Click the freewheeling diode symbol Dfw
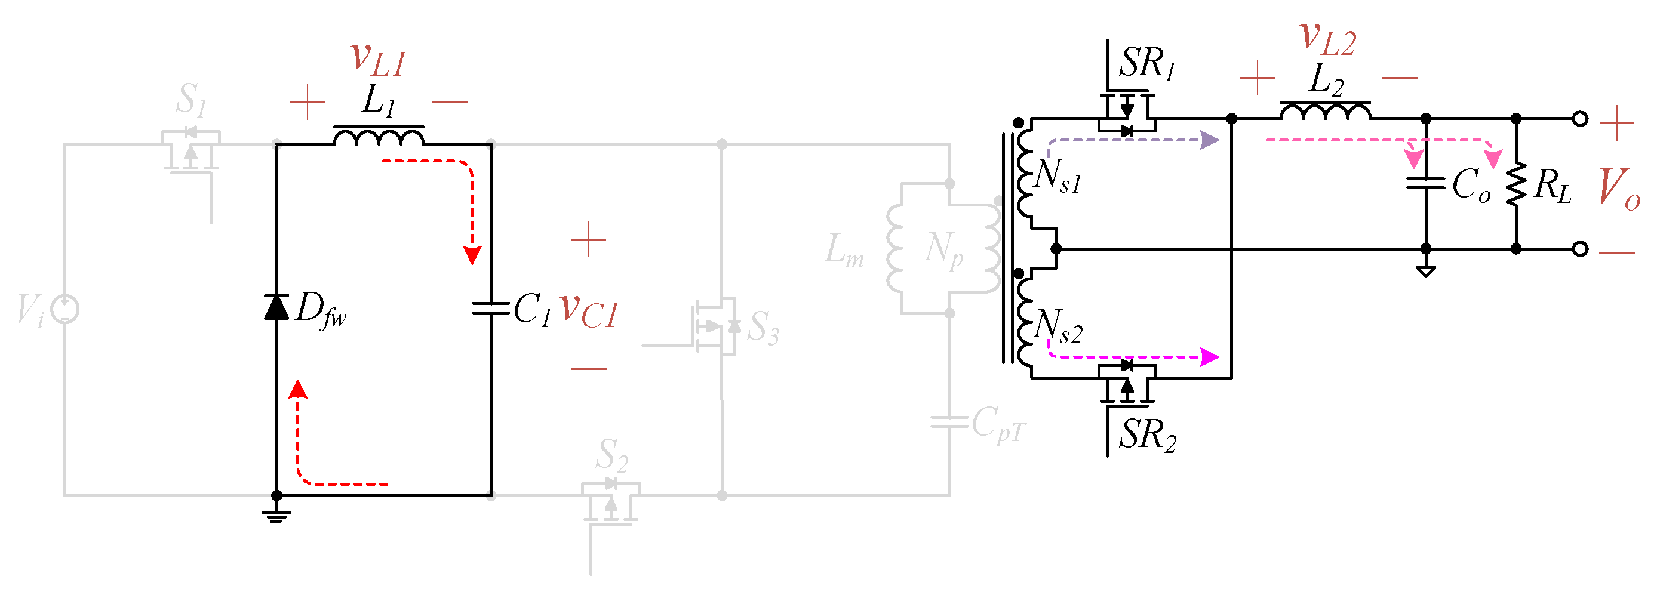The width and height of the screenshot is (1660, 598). coord(276,307)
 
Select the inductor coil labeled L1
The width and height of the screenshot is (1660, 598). coord(378,137)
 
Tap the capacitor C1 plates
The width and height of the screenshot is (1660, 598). coord(490,309)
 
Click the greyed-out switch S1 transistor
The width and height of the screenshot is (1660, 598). coord(190,152)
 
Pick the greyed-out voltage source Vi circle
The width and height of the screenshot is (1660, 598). coord(65,309)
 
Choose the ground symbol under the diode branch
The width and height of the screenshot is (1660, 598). coord(276,515)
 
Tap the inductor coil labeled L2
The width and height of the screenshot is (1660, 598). coord(1325,112)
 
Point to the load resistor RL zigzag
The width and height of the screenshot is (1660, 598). coord(1515,184)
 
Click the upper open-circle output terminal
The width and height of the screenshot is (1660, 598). coord(1580,119)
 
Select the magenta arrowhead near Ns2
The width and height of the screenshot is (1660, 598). coord(1210,356)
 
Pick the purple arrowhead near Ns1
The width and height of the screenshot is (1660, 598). coord(1210,140)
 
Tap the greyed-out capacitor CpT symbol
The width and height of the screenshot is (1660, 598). coord(949,422)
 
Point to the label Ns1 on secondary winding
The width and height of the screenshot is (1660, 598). coord(1058,176)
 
